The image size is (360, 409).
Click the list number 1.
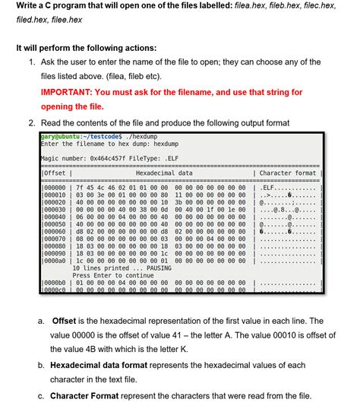click(x=30, y=62)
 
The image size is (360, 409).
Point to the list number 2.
click(x=30, y=122)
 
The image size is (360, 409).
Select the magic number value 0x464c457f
click(x=111, y=157)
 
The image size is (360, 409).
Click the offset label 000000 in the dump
click(x=54, y=186)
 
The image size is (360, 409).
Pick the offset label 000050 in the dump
click(x=54, y=224)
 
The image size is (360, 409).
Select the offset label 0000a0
click(x=54, y=261)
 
